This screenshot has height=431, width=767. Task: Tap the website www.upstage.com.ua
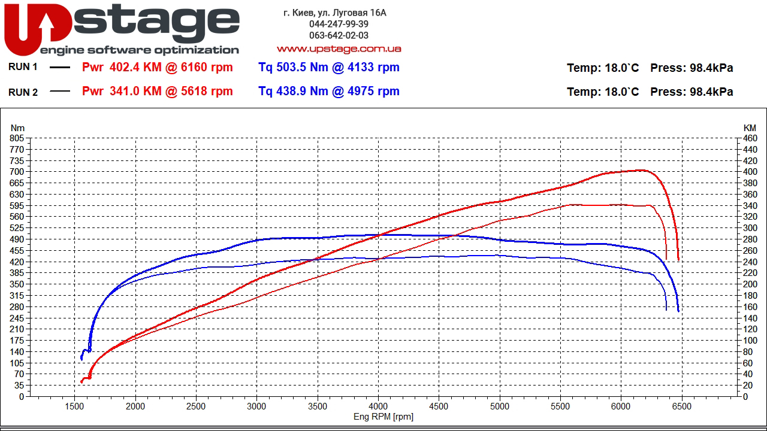tap(339, 48)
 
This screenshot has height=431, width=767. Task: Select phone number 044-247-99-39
tap(339, 24)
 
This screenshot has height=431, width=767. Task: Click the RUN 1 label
tap(23, 67)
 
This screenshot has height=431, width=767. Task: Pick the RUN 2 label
tap(23, 92)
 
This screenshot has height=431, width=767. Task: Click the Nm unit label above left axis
tap(17, 128)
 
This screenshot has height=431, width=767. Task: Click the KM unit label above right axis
tap(750, 128)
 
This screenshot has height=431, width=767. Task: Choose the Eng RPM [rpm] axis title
tap(383, 417)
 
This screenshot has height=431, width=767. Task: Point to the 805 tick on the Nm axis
tap(17, 138)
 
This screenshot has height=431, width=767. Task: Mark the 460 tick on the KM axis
tap(750, 138)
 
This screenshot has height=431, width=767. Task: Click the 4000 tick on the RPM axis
tap(378, 406)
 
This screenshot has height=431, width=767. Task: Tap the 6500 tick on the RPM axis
tap(681, 406)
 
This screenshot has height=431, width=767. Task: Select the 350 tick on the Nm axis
tap(17, 284)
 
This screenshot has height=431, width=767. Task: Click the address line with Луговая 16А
tap(335, 13)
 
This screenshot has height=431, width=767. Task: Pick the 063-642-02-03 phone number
tap(339, 35)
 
